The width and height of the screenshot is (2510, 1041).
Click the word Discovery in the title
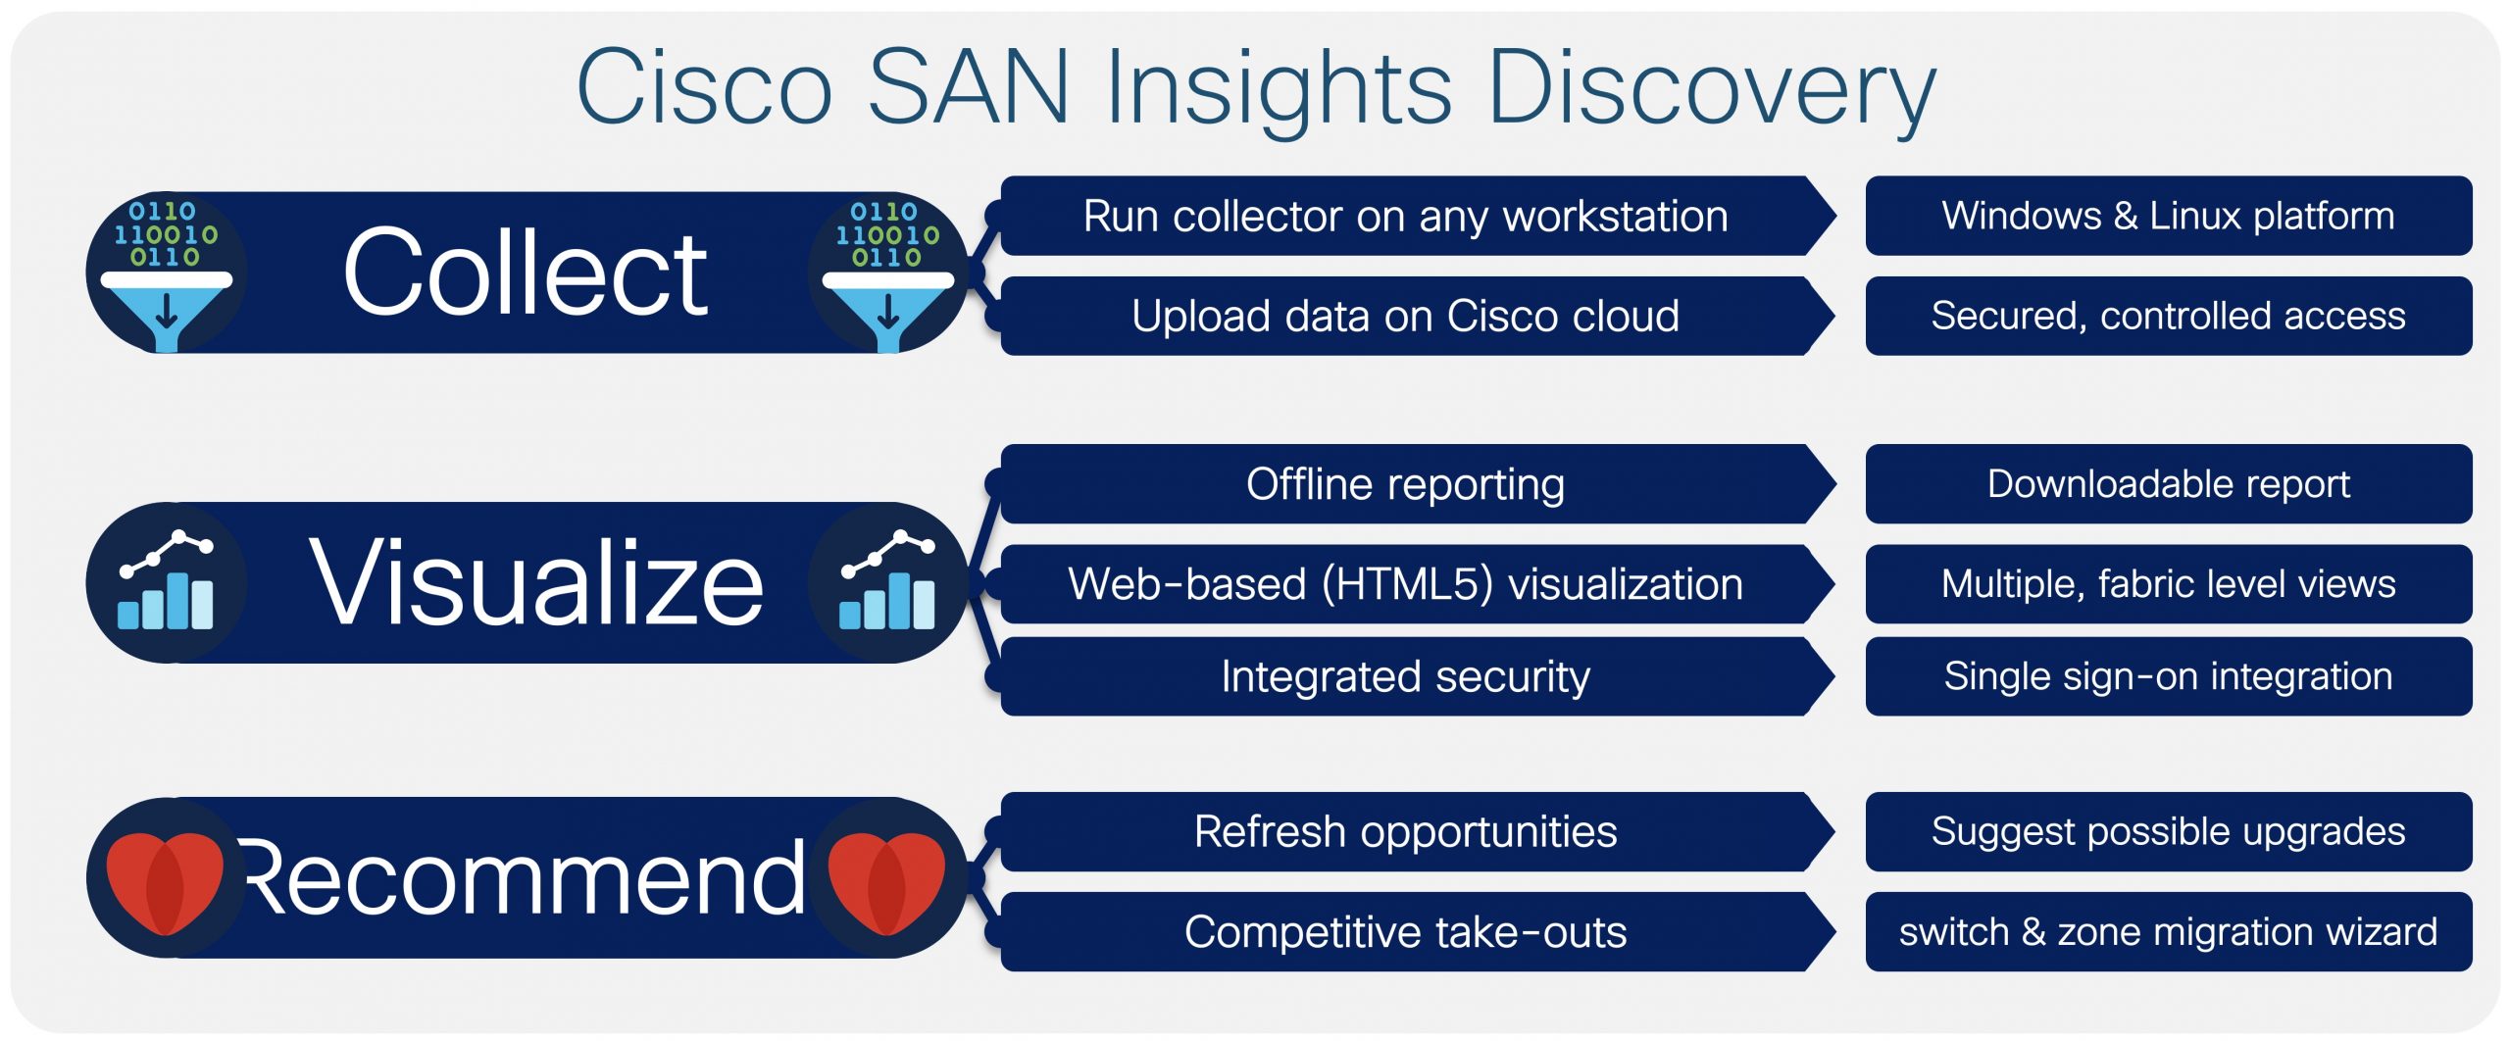1712,89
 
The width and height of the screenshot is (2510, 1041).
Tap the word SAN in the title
969,87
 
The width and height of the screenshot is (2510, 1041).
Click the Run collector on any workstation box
1418,216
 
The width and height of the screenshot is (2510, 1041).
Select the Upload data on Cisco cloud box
1418,316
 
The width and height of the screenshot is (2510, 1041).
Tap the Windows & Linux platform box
2169,216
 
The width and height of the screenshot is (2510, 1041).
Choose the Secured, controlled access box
2169,316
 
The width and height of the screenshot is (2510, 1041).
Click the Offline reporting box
1418,484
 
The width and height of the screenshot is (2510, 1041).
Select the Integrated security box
1418,676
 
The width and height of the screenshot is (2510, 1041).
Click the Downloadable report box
2169,484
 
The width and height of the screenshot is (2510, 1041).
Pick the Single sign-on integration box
2169,676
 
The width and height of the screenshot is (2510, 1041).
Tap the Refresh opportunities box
1418,831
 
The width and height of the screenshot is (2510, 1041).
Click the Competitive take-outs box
1418,931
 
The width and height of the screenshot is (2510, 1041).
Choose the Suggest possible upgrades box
2169,831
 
